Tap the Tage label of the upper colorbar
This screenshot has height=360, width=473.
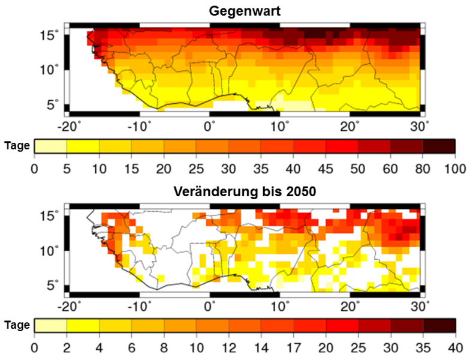16,146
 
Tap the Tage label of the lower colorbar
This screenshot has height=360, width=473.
16,325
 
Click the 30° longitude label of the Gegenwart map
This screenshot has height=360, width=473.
421,127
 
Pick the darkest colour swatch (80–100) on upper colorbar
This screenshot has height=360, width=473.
438,146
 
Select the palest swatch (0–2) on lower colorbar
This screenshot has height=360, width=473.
50,326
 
